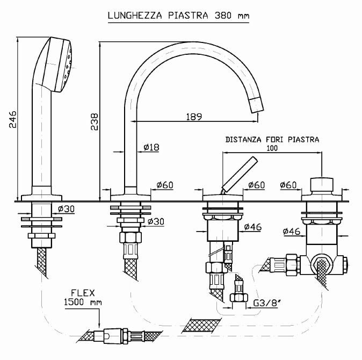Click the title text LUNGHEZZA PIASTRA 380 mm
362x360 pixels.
(x=178, y=16)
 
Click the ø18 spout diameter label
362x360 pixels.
(x=151, y=147)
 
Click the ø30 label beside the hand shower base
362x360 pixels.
(x=66, y=209)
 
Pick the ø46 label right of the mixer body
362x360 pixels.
(x=252, y=227)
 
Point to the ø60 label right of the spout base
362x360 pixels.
(x=165, y=185)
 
